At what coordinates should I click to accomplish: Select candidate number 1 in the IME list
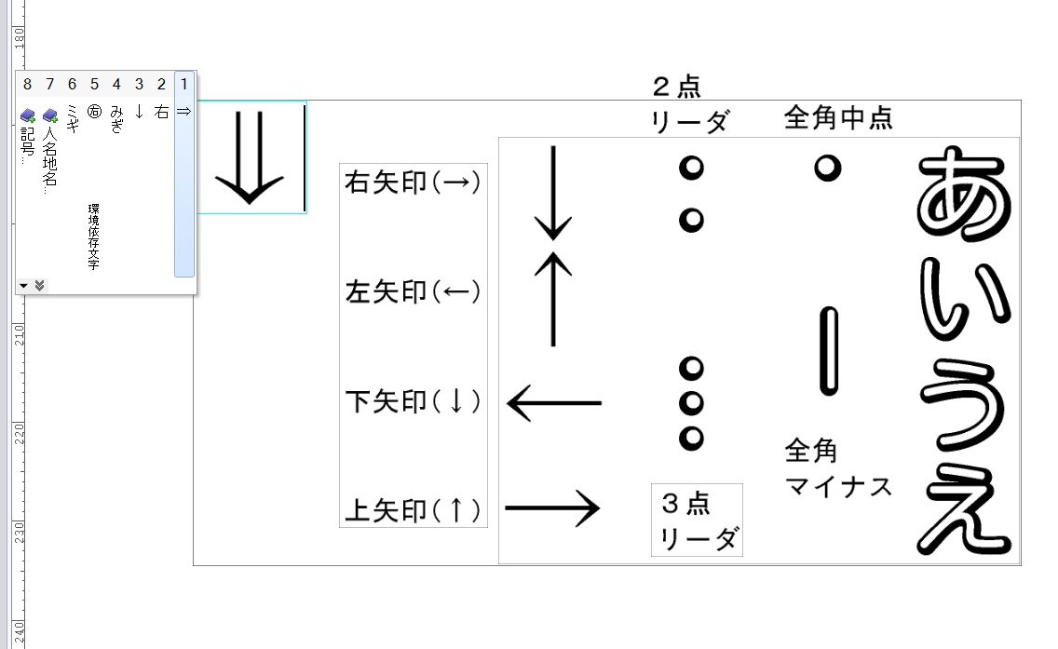183,85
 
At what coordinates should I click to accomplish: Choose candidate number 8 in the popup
27,85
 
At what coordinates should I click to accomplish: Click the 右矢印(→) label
413,183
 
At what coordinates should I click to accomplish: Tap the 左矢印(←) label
413,292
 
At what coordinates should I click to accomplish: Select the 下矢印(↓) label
413,402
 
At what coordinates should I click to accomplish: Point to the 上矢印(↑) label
413,510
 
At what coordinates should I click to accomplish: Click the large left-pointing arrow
554,403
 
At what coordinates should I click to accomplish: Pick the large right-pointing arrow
552,508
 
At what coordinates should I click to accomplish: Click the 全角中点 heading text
838,118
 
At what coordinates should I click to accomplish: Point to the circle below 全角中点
827,168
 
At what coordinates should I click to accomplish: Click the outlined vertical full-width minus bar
827,352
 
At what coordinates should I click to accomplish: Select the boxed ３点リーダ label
697,520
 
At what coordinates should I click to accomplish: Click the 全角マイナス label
837,468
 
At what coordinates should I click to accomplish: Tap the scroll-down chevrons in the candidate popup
39,285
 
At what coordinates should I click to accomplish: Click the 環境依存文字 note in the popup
93,237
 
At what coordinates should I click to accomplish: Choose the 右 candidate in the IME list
161,113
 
